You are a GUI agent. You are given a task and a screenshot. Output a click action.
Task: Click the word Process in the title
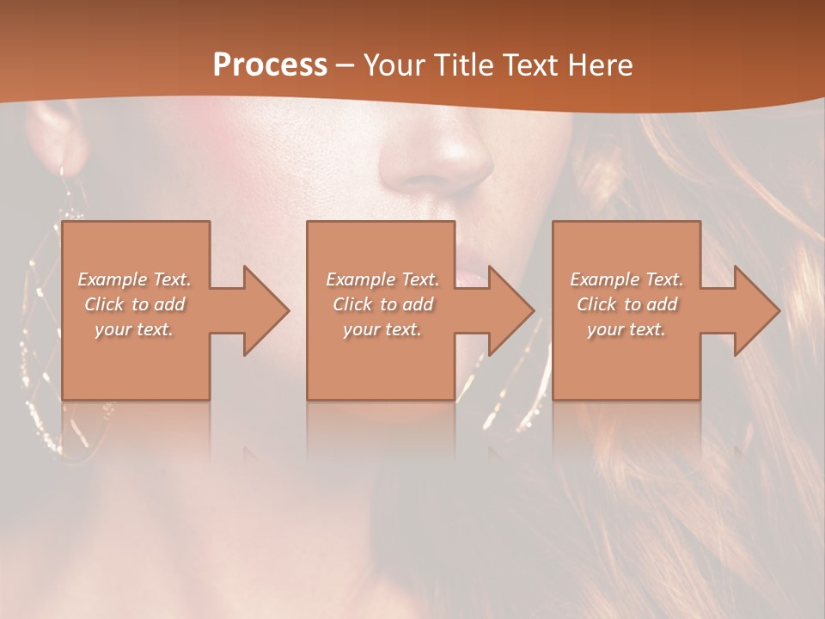(x=270, y=65)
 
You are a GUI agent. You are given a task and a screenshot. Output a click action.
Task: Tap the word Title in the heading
(x=465, y=65)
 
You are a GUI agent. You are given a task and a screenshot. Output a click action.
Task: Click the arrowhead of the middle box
(x=510, y=310)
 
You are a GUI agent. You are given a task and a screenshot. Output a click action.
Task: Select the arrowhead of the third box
(x=756, y=310)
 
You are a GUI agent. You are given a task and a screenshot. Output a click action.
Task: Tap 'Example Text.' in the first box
(x=135, y=279)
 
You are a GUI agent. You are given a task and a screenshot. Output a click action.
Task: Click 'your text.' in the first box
(x=135, y=329)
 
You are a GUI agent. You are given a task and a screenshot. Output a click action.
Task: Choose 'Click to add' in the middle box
(x=382, y=304)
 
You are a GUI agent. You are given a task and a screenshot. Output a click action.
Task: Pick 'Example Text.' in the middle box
(x=382, y=279)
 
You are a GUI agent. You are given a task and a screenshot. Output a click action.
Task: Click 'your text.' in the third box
(x=626, y=329)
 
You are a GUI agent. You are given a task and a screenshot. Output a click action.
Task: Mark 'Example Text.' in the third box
(x=626, y=279)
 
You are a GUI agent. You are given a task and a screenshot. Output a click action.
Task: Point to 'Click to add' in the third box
(x=626, y=304)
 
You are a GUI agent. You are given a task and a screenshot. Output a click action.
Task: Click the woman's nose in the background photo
(x=438, y=159)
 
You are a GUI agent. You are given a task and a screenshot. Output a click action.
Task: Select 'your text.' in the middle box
(x=382, y=329)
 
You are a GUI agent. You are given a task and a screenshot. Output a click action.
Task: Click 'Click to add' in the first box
(x=135, y=304)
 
